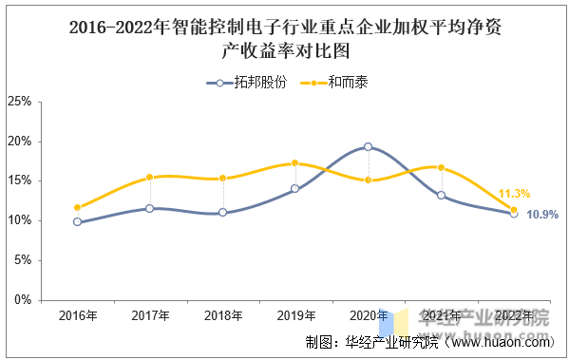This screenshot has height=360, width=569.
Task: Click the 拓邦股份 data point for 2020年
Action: click(x=368, y=146)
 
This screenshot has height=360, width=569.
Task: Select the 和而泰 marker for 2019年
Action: click(x=295, y=163)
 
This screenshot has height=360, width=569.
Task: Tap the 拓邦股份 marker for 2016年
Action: click(x=77, y=221)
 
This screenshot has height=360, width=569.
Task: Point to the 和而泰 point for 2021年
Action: click(x=441, y=168)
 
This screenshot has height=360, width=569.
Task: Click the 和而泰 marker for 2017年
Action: click(x=149, y=177)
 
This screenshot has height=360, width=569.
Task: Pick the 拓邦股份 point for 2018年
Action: click(x=223, y=213)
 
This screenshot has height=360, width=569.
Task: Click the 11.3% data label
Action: click(x=514, y=194)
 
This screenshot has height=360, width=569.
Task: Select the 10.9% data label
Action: click(x=542, y=215)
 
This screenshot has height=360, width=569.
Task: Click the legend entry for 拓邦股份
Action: click(x=247, y=83)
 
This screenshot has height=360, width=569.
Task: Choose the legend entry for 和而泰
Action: click(x=334, y=83)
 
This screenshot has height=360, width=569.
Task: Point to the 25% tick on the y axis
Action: click(x=20, y=102)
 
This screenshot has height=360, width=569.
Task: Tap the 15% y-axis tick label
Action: click(x=20, y=180)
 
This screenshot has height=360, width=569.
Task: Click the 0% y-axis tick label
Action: click(x=23, y=300)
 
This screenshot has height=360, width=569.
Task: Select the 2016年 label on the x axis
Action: click(x=78, y=315)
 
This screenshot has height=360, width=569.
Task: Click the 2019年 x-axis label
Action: click(x=296, y=315)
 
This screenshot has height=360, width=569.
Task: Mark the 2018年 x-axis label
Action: click(x=223, y=315)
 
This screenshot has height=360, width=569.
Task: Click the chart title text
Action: click(x=286, y=39)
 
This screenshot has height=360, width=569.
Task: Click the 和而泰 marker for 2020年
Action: click(x=368, y=180)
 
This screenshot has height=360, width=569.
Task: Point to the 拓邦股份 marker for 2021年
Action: click(x=441, y=196)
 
